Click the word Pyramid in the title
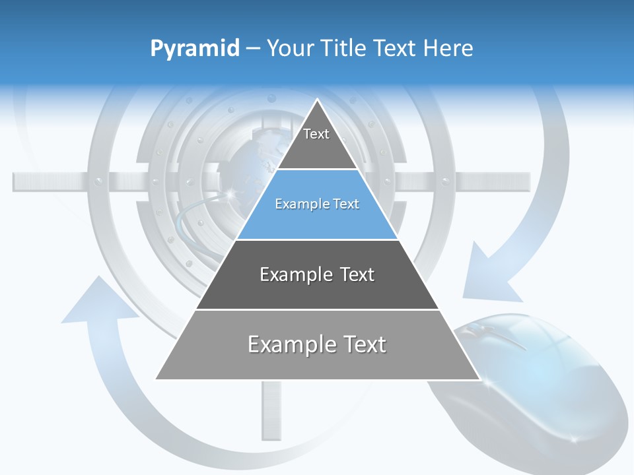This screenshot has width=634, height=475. click(x=195, y=49)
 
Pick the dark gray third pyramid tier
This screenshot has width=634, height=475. click(x=317, y=275)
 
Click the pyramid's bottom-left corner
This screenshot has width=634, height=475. click(x=157, y=379)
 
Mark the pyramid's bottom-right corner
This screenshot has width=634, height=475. click(x=479, y=379)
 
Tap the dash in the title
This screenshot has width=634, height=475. click(x=253, y=49)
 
